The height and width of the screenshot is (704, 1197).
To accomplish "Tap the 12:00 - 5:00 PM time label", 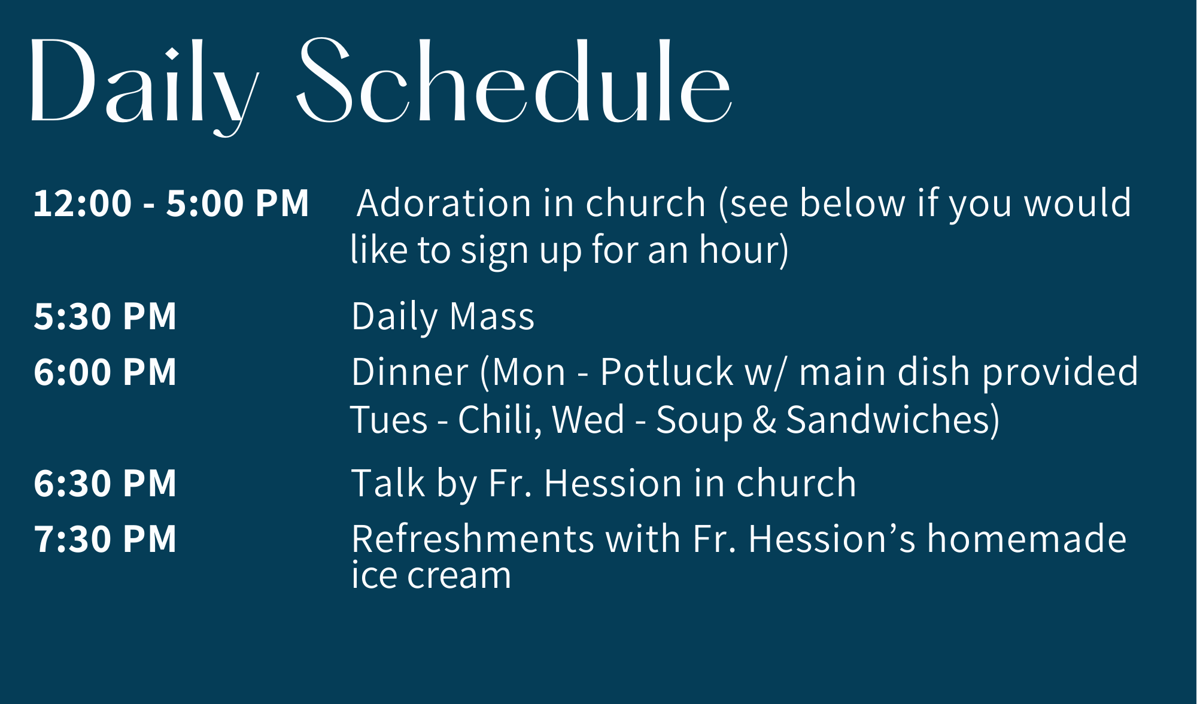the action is click(x=171, y=203).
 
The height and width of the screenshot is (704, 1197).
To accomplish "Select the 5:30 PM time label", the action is click(x=105, y=316).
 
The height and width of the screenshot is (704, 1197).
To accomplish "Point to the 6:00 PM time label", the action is click(x=105, y=372).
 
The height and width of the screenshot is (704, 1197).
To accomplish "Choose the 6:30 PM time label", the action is click(x=105, y=483).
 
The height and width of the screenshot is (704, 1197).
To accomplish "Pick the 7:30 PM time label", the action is click(x=105, y=539).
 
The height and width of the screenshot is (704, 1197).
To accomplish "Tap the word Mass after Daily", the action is click(x=492, y=316).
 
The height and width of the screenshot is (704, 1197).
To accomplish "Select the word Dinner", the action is click(x=410, y=372).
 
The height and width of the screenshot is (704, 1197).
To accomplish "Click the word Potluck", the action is click(x=667, y=372).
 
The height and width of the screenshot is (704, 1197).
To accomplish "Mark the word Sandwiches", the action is click(x=892, y=420).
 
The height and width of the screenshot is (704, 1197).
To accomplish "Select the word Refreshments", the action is click(x=473, y=539).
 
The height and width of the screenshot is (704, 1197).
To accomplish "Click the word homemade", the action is click(x=1027, y=538).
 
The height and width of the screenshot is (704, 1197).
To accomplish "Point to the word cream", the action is click(x=459, y=576).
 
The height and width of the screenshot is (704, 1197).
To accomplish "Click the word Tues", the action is click(x=389, y=420).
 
